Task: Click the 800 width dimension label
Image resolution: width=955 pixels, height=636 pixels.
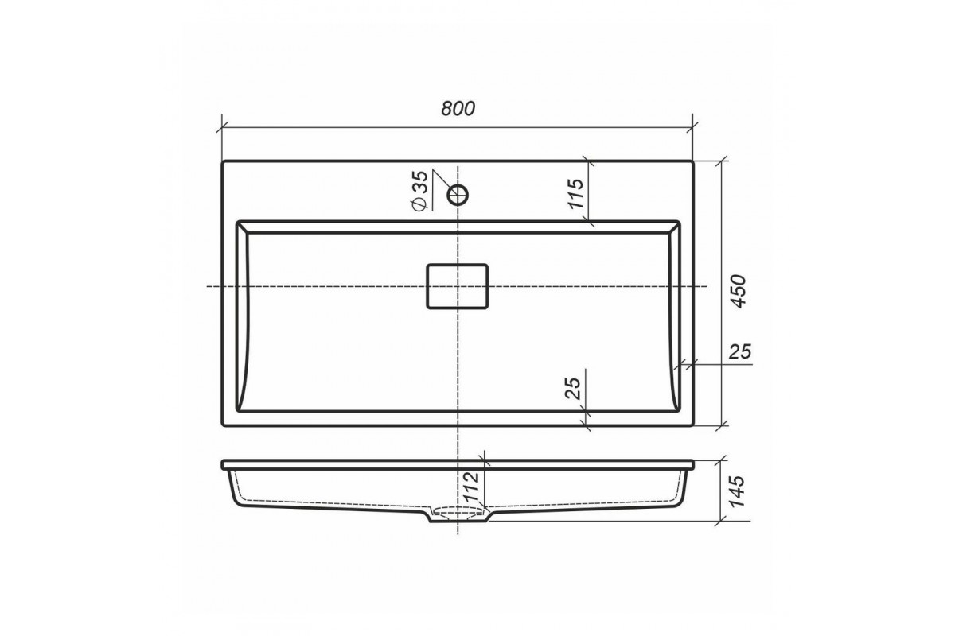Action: [458, 109]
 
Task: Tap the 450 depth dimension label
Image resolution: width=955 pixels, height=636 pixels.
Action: [738, 292]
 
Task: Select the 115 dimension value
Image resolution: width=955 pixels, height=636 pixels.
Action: [575, 193]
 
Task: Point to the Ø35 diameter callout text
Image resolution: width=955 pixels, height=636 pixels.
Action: [419, 191]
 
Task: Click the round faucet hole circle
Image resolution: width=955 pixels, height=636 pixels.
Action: [458, 196]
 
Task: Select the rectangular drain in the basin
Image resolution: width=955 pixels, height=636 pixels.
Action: [458, 286]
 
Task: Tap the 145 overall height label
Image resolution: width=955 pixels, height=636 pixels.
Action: [737, 491]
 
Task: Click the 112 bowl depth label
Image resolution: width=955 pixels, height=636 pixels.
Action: [471, 487]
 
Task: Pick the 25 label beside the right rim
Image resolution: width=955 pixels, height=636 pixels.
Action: [740, 352]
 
